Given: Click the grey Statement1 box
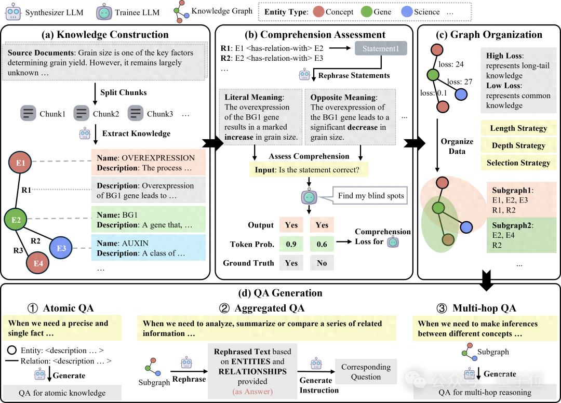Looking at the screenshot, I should (x=381, y=49).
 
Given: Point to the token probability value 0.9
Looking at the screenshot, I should (x=291, y=244).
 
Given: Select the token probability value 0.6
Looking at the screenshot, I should (x=322, y=244).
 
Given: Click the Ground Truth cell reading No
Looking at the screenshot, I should (x=322, y=263).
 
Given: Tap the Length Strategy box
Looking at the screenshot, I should (x=518, y=128).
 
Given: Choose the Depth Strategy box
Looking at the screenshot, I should (x=518, y=145).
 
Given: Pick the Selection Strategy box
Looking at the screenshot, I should (x=518, y=163).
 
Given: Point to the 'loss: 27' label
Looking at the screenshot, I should (x=460, y=82).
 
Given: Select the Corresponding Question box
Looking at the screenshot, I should (x=366, y=371).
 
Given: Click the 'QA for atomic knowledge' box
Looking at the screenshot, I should (x=62, y=393).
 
